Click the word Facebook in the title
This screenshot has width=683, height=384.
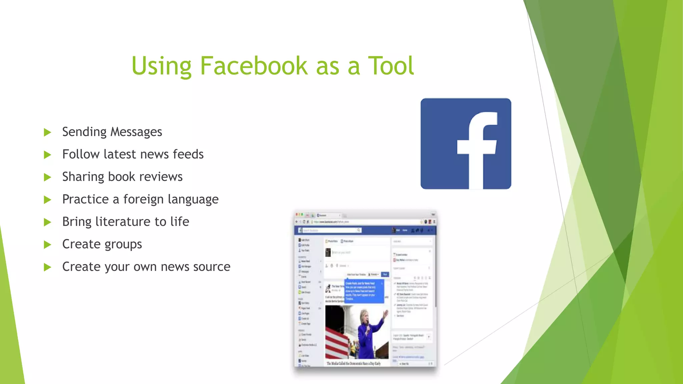coord(253,66)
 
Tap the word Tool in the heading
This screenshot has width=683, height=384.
coord(391,66)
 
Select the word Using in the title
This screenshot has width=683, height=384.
coord(161,66)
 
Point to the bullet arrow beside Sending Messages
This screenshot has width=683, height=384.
coord(47,132)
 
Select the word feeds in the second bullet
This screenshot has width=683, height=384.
coord(188,154)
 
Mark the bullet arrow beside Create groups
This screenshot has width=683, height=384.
coord(47,245)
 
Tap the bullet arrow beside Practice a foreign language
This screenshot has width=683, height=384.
coord(47,200)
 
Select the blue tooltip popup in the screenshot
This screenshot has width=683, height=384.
coord(364,291)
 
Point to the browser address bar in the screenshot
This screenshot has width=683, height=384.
coord(364,222)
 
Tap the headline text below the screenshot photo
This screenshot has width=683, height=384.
coord(354,363)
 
